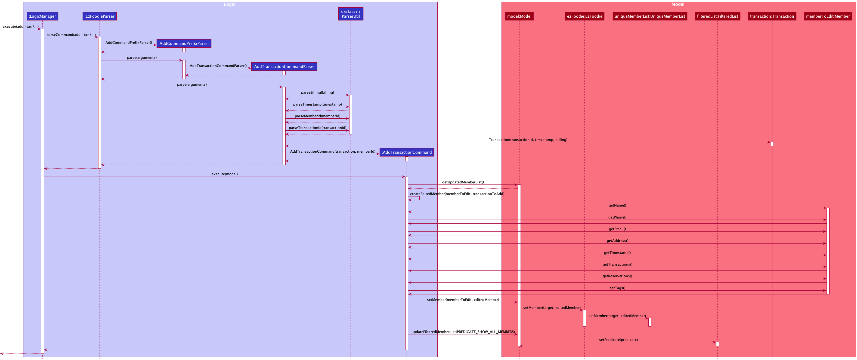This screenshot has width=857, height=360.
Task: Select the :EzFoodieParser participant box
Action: pyautogui.click(x=100, y=16)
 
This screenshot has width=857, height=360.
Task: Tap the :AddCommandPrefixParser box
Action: pyautogui.click(x=184, y=44)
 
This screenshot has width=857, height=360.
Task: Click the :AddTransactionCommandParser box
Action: pyautogui.click(x=284, y=67)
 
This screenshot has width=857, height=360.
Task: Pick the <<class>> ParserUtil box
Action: pyautogui.click(x=351, y=14)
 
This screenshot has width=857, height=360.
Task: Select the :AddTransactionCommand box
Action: pyautogui.click(x=407, y=152)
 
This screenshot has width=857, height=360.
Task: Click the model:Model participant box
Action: pyautogui.click(x=519, y=16)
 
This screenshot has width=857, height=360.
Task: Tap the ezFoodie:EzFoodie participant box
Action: pyautogui.click(x=584, y=16)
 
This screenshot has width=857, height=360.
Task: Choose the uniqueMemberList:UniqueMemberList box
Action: pyautogui.click(x=650, y=16)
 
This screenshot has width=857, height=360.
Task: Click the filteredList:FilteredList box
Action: pyautogui.click(x=717, y=16)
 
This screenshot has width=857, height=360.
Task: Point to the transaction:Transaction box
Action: pyautogui.click(x=772, y=16)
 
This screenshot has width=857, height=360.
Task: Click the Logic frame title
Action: pyautogui.click(x=229, y=4)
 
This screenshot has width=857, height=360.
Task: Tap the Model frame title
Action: pyautogui.click(x=678, y=4)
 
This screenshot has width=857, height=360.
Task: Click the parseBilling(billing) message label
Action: pyautogui.click(x=317, y=93)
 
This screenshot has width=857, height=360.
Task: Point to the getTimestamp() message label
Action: pyautogui.click(x=617, y=253)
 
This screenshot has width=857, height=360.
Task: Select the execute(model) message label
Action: pyautogui.click(x=225, y=174)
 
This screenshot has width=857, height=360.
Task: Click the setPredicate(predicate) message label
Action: pyautogui.click(x=618, y=340)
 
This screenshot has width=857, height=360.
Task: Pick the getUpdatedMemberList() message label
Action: pyautogui.click(x=463, y=182)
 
